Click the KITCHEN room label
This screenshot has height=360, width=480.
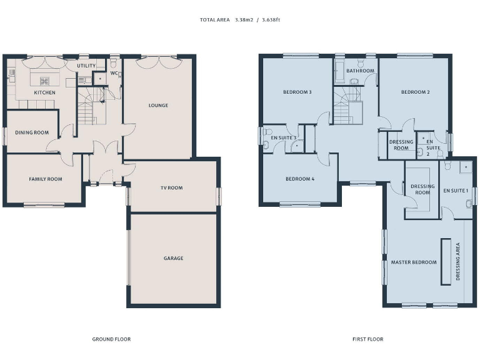44,92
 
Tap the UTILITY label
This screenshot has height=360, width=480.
86,66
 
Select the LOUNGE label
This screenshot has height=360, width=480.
158,106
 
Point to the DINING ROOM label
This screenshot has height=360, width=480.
32,132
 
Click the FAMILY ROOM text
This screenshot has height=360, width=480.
46,179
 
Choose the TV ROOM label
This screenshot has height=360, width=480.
171,187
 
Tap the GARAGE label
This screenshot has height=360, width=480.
173,258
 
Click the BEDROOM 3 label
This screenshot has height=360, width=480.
297,92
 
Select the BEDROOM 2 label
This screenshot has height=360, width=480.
415,92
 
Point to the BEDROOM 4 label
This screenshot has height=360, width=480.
300,179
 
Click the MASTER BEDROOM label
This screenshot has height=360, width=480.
414,262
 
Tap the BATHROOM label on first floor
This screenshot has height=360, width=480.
360,71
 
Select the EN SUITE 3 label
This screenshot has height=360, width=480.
283,137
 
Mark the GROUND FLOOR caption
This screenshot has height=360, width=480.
111,339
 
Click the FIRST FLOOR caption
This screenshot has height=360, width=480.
367,339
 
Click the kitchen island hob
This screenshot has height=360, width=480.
44,80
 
